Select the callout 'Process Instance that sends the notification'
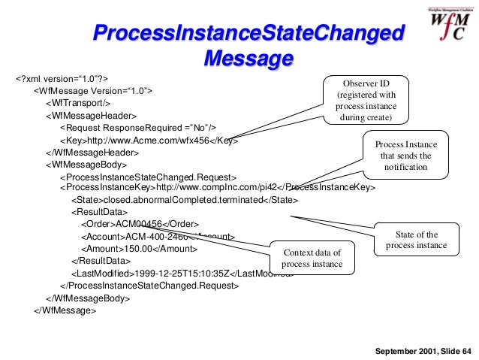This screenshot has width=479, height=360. click(405, 155)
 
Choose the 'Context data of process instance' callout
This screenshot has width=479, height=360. click(312, 258)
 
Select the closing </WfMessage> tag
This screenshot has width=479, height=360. click(65, 310)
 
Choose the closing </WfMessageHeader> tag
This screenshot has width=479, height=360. click(92, 152)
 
